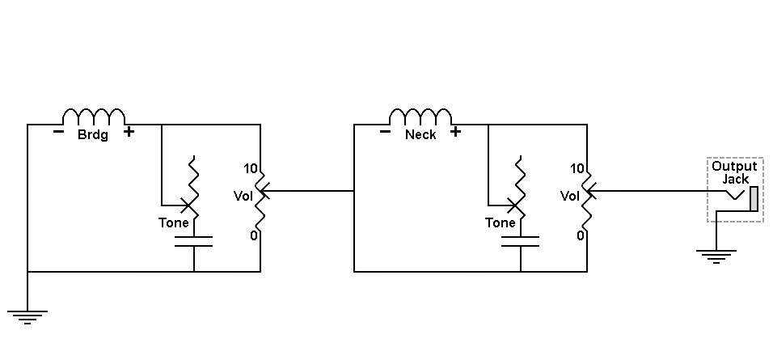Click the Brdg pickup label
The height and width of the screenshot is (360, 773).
93,135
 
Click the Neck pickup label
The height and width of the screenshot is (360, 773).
420,134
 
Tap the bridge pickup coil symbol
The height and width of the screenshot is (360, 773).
94,116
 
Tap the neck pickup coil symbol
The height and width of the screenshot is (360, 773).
420,116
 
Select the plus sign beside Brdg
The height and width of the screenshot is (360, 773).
129,132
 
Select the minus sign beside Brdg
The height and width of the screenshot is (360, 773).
58,132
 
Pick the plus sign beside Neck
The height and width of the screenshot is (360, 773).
455,132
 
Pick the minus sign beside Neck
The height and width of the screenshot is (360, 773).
385,132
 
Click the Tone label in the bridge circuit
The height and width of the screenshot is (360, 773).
174,223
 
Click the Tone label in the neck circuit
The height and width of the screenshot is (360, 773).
500,223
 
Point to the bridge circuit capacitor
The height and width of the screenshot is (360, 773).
194,241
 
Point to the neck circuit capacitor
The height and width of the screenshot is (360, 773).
520,241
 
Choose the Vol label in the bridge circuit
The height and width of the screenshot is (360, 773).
243,196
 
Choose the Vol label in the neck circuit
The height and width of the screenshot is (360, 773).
570,196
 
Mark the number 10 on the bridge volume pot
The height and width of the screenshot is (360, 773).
251,168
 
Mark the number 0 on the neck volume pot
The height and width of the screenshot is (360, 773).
581,235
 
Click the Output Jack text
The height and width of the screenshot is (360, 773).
734,172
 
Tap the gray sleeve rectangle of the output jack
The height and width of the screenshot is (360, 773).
754,199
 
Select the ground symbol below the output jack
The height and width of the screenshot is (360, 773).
716,256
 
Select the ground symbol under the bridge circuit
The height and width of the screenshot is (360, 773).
27,317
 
